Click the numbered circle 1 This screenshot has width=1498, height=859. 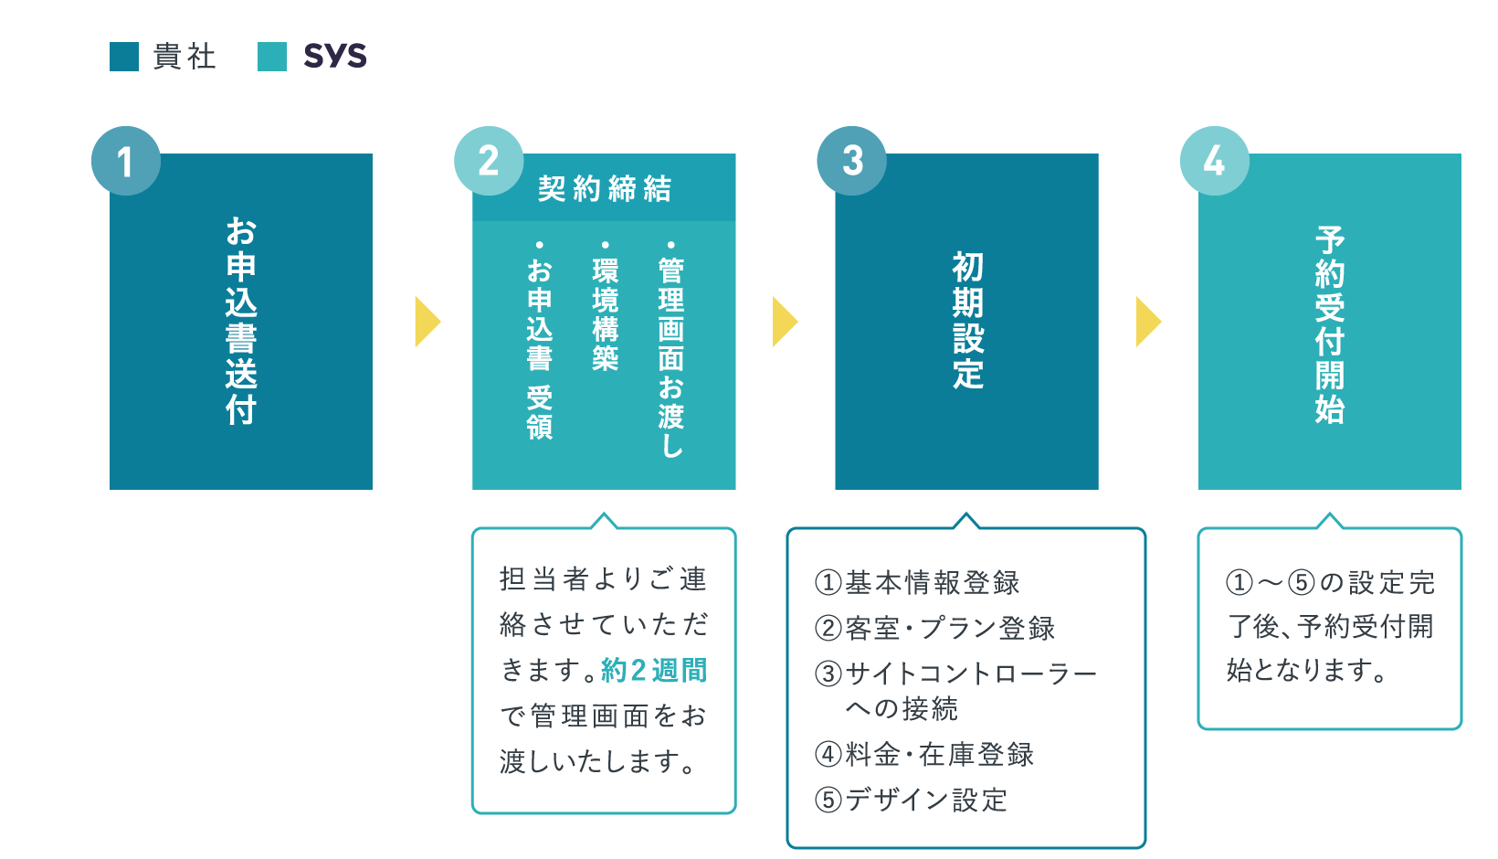click(x=126, y=161)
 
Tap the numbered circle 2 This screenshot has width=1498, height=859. click(x=489, y=161)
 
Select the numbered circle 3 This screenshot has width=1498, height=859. click(x=852, y=161)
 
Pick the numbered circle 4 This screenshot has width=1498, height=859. click(x=1215, y=161)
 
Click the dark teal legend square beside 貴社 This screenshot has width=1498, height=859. click(x=124, y=56)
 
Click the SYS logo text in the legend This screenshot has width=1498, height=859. click(x=335, y=56)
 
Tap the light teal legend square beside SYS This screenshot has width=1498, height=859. click(x=272, y=56)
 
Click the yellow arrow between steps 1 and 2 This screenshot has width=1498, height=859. click(x=428, y=322)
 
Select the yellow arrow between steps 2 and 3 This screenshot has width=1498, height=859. click(x=786, y=322)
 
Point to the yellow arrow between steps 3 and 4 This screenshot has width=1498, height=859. click(x=1149, y=322)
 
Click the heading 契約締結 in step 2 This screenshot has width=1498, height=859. click(x=605, y=188)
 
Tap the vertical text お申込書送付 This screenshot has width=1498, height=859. click(x=241, y=321)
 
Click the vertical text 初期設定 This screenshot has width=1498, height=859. click(x=967, y=321)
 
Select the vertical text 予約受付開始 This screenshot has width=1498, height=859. click(x=1330, y=325)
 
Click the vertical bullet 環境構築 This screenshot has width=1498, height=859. click(x=606, y=306)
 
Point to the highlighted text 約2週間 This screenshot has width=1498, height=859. click(x=654, y=671)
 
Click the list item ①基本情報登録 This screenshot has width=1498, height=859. click(x=917, y=583)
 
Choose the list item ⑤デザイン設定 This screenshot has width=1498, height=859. click(x=911, y=801)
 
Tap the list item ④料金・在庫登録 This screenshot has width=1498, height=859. click(x=924, y=755)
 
